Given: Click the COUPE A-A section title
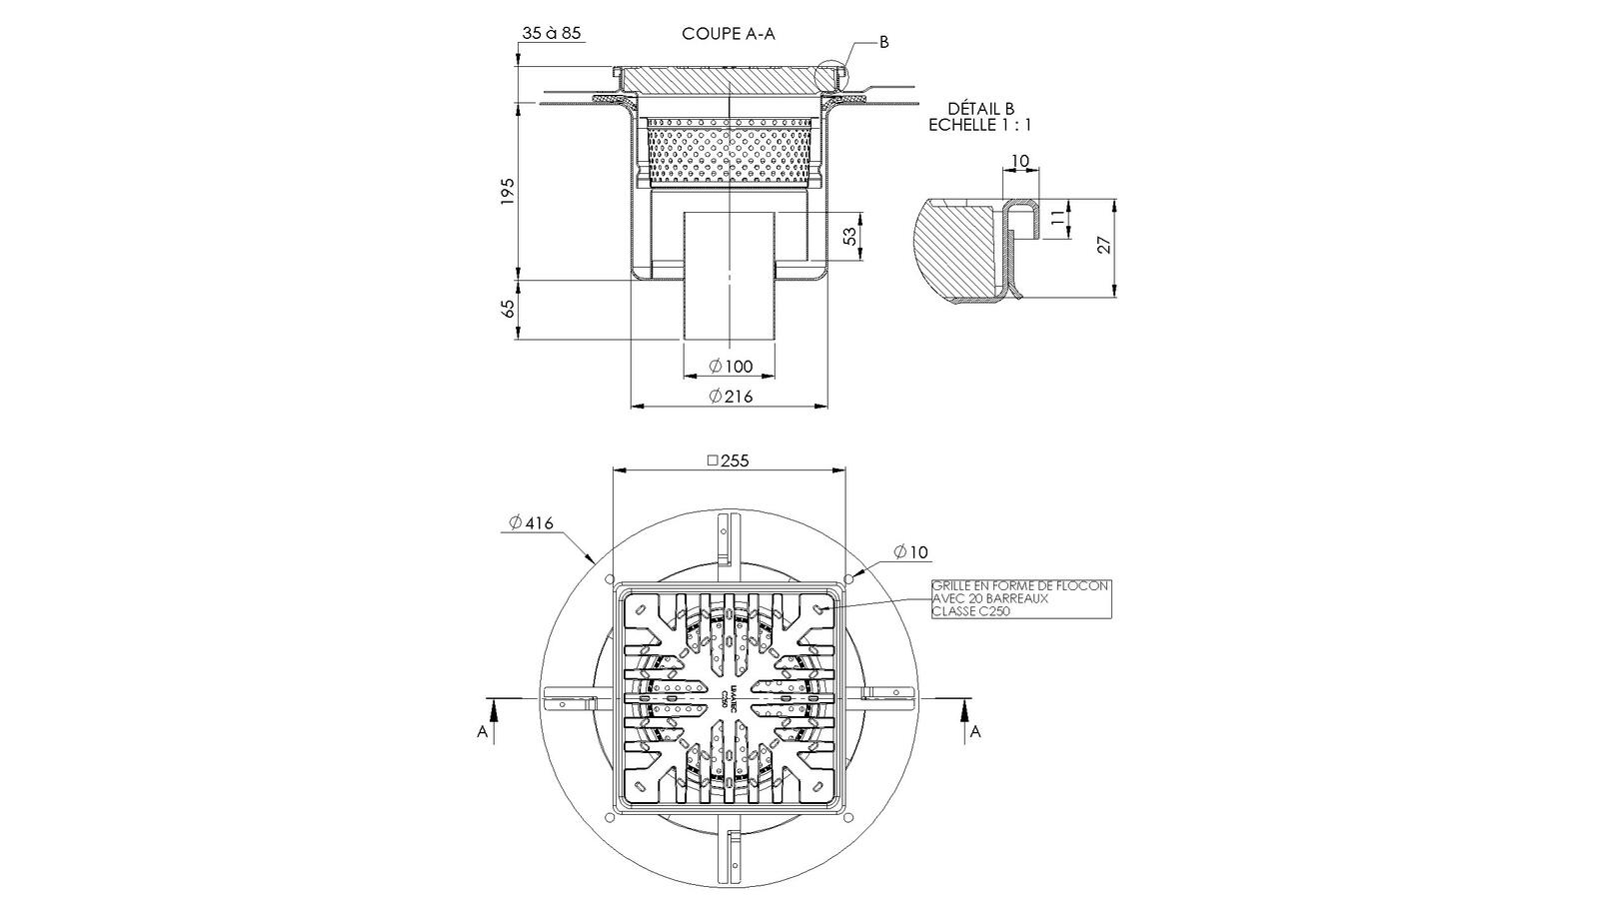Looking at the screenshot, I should coord(729,33).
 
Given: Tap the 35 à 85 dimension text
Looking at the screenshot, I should coord(551,33).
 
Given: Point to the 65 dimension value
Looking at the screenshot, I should coord(508,309).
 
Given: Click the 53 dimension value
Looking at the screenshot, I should coord(849,237).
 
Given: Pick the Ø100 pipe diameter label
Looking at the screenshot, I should coord(731,367).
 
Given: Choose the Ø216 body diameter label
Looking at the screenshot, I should coord(731,397).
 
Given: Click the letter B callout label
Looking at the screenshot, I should coord(883,42).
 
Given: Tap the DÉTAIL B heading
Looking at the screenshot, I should coord(980,109).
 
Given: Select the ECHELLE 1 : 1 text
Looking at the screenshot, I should coord(980,125).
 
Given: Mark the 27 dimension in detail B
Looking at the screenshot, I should coord(1104,246).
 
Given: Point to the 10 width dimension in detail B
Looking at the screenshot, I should coord(1019,162).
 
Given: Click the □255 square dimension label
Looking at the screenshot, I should coord(728,460).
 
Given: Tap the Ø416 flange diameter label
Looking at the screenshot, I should coord(531,522).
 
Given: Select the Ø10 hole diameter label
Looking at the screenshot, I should coord(910,551).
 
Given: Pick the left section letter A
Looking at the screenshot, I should coord(483,732).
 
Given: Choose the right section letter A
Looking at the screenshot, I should coord(976,732).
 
